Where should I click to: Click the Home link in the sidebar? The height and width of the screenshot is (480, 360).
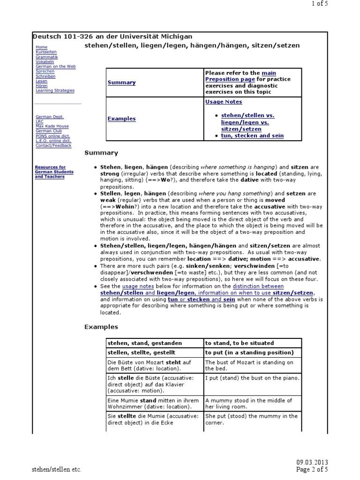point(41,47)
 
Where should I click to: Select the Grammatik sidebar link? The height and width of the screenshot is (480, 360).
point(46,57)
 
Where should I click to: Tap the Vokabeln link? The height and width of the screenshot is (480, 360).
point(45,61)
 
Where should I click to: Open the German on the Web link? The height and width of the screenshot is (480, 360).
point(55,67)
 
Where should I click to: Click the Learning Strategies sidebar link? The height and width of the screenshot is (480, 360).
point(55,90)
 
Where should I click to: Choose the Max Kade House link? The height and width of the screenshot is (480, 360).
point(52,126)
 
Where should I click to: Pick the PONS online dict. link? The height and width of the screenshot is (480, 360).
point(53,136)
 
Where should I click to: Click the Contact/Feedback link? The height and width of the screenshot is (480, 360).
point(53,145)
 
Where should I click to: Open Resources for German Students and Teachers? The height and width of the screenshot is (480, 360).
point(50,172)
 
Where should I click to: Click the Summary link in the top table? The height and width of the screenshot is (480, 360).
point(121,82)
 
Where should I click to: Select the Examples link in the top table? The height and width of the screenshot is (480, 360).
point(121,119)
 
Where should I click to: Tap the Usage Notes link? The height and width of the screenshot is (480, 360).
point(224,102)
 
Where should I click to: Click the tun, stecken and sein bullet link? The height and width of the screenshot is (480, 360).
point(252,136)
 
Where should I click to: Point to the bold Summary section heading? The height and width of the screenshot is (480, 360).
point(101,153)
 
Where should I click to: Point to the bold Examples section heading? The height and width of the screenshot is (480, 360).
point(101,327)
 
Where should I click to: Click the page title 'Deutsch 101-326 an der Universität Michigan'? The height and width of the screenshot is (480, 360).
point(112,37)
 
